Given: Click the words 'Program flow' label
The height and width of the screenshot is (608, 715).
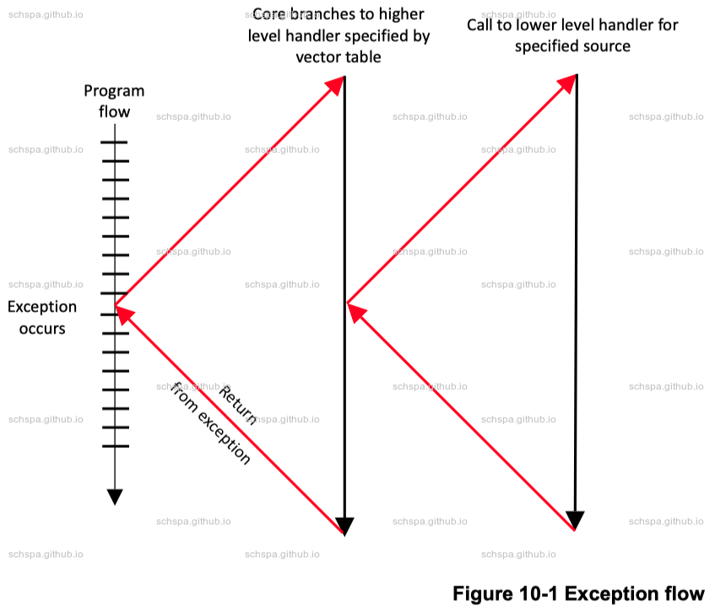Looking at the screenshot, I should tap(114, 101).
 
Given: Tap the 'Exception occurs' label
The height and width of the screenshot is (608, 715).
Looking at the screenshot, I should tap(42, 317).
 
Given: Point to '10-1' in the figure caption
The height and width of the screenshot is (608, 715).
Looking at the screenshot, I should tap(536, 594).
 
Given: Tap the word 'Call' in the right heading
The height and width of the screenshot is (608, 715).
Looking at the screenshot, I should tap(480, 25).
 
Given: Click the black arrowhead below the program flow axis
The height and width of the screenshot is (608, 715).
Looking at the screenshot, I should tap(115, 497).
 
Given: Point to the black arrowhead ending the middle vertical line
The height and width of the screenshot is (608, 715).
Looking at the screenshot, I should tap(344, 525).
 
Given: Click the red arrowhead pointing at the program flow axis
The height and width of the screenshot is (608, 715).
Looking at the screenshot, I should tap(124, 314).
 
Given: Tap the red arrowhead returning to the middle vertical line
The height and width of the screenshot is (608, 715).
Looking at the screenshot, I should tap(356, 311).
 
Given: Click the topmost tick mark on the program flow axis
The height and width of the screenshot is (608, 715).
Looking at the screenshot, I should tap(115, 142).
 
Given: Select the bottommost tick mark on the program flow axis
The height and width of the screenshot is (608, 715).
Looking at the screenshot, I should tap(115, 446).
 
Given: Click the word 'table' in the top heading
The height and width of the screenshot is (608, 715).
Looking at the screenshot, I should tap(362, 57).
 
